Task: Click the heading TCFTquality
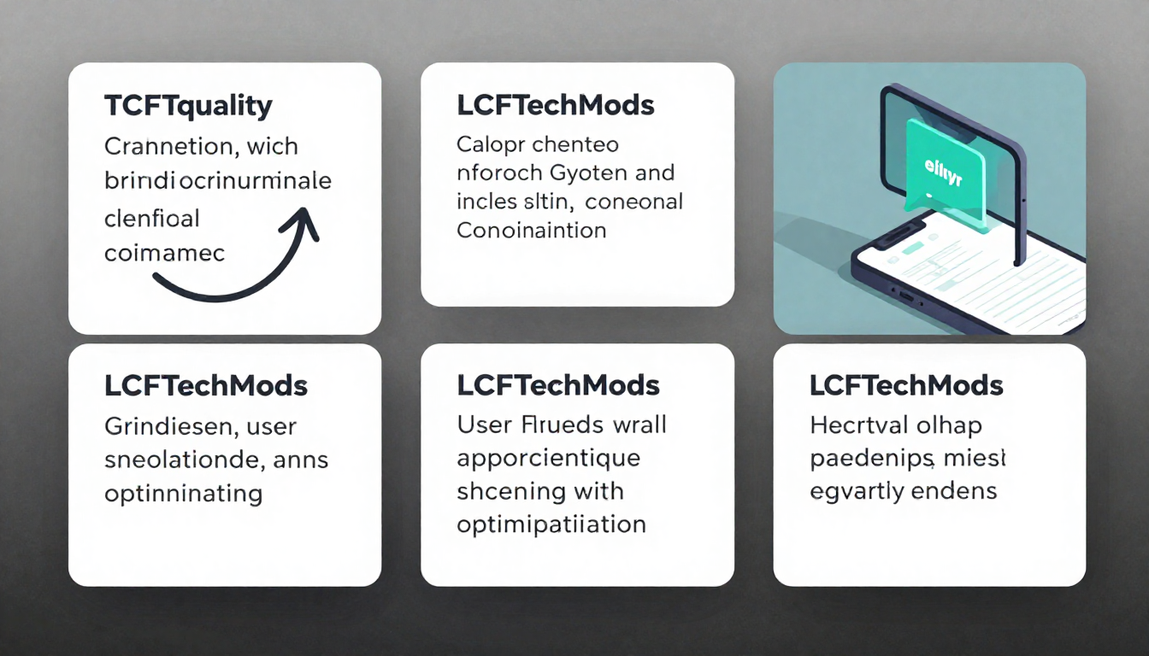188,107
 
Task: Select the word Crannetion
168,146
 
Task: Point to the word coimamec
164,253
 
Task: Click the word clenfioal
151,218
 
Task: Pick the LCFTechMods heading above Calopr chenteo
556,106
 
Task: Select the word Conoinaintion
532,231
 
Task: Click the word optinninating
183,493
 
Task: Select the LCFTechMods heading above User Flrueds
558,385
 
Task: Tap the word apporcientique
548,459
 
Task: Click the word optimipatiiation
551,524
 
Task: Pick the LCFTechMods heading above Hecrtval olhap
906,385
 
